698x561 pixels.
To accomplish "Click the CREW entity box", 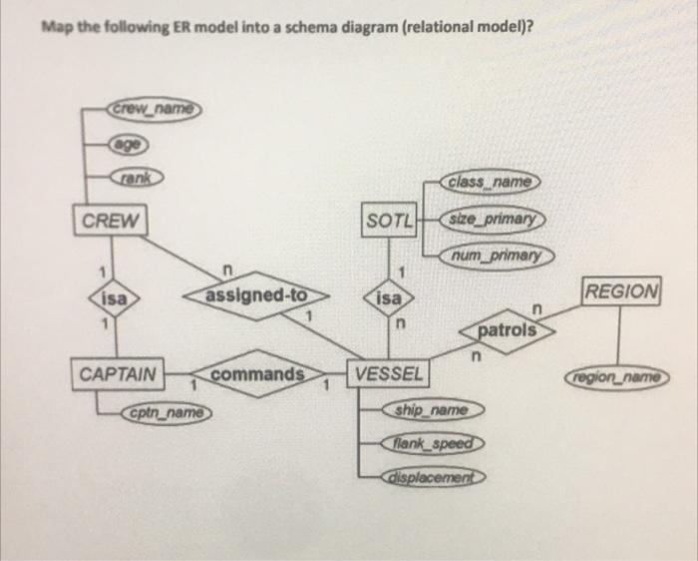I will pos(110,220).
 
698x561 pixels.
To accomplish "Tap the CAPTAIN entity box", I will pos(118,374).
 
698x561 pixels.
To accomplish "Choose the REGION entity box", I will pos(621,292).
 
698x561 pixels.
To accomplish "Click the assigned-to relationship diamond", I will pos(257,296).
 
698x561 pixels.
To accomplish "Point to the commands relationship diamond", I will pos(257,375).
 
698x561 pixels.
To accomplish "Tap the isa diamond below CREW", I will pos(112,298).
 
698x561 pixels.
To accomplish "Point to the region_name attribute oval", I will pos(617,378).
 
